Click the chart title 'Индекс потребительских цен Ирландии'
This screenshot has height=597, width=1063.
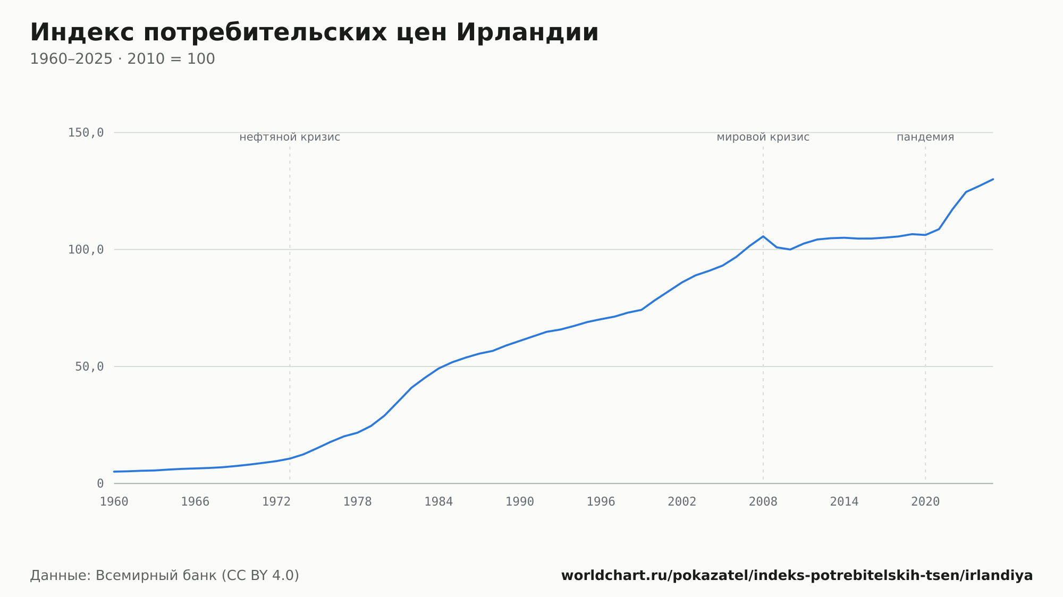click(314, 33)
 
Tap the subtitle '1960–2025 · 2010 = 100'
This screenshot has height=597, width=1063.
click(122, 59)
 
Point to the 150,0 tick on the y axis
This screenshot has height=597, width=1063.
click(86, 133)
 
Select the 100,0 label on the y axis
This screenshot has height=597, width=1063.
click(86, 250)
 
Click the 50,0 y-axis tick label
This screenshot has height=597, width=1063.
click(89, 366)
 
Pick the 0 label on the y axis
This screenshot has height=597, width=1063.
click(100, 483)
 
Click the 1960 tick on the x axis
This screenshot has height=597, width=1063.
click(114, 502)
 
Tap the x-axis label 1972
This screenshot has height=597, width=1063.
click(276, 502)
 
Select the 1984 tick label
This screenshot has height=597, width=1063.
click(438, 502)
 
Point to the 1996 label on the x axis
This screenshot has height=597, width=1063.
click(601, 502)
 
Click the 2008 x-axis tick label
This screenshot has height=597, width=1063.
click(763, 502)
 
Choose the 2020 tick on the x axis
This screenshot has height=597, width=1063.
click(925, 502)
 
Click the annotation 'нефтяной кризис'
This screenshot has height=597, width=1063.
click(290, 137)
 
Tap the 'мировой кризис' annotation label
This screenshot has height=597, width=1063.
click(763, 137)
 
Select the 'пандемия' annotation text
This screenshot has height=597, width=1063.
click(925, 137)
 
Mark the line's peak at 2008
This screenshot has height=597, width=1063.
click(763, 236)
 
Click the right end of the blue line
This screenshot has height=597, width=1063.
click(993, 179)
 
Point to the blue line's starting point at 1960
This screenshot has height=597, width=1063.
click(114, 472)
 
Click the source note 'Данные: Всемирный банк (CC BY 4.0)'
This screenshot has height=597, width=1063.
click(165, 576)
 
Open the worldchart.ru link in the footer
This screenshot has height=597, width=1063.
click(797, 576)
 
